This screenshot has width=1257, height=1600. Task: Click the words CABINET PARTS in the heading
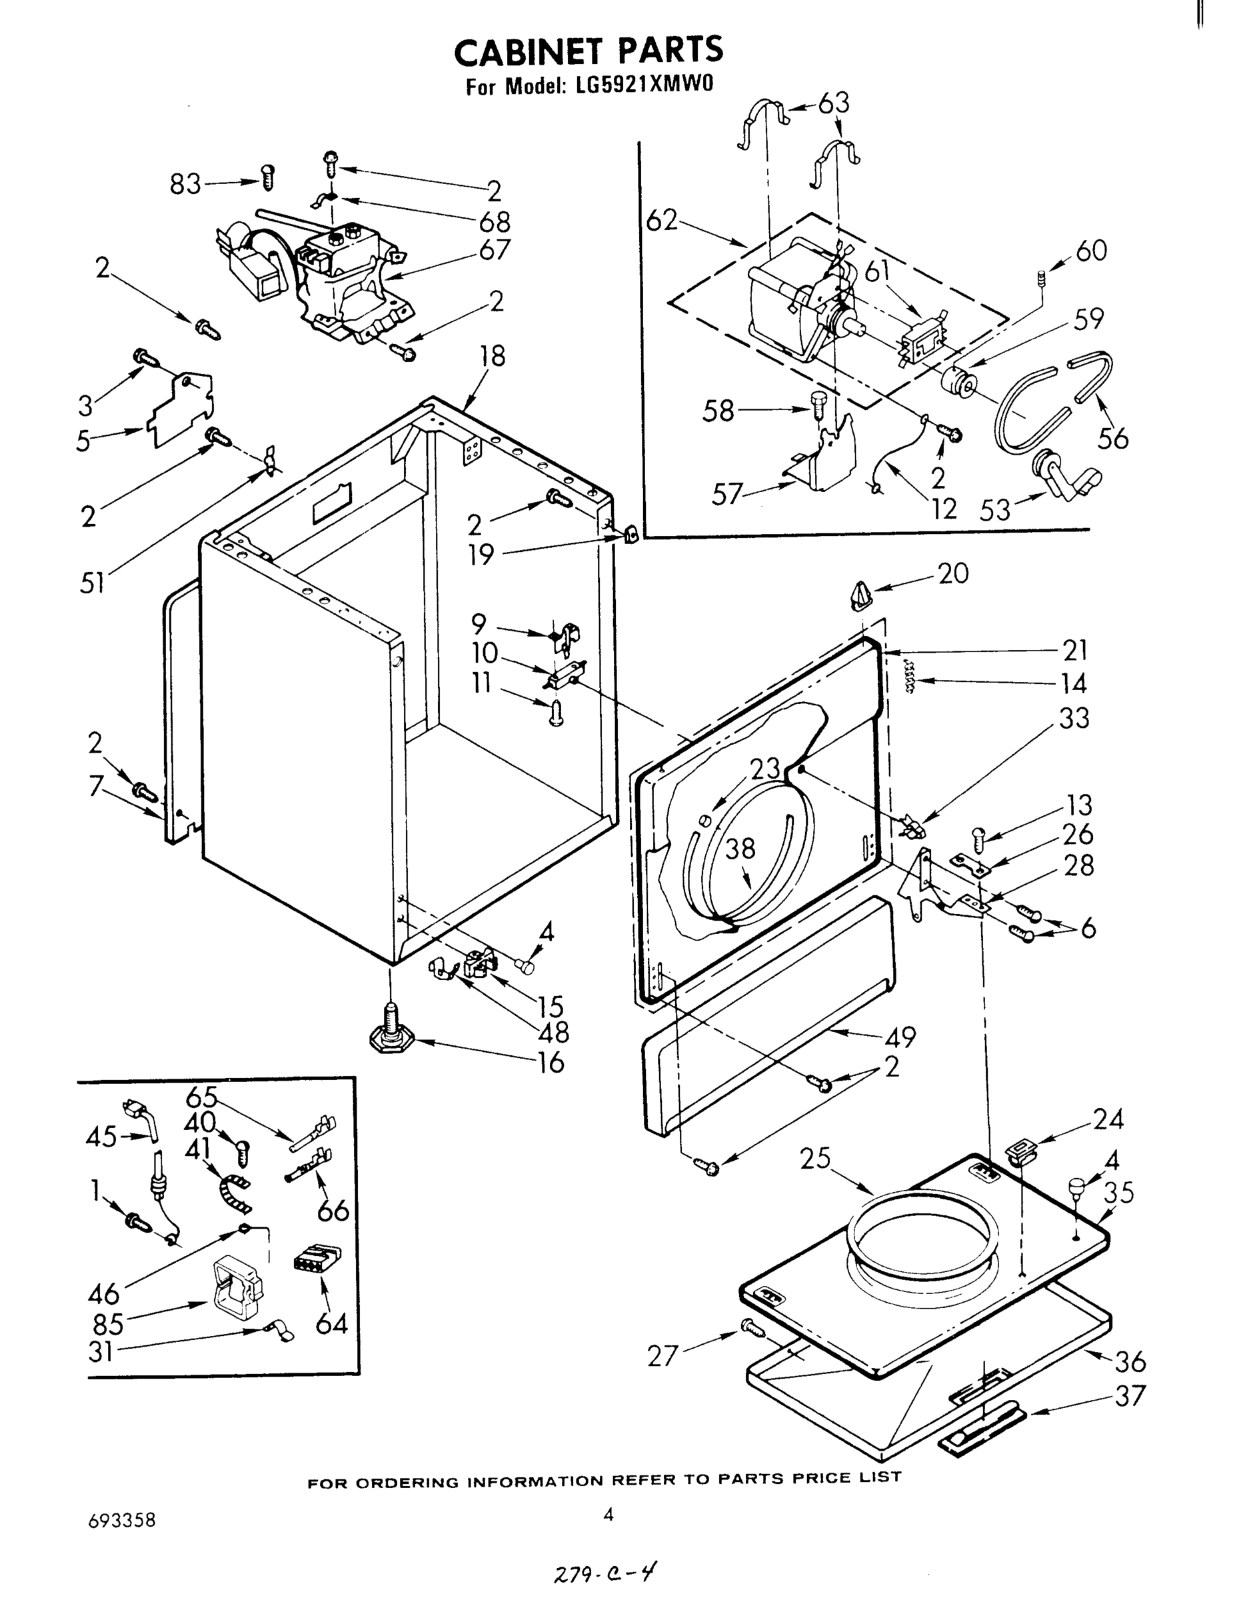[589, 51]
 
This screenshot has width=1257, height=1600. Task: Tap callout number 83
[185, 184]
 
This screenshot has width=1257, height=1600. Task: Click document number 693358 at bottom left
[122, 1521]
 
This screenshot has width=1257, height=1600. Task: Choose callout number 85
[108, 1324]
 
